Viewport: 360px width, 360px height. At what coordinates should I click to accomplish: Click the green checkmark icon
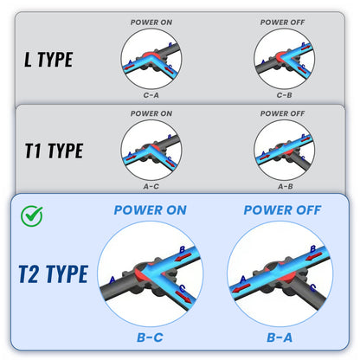pyautogui.click(x=32, y=215)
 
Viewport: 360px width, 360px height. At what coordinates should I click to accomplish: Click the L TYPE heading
pyautogui.click(x=48, y=60)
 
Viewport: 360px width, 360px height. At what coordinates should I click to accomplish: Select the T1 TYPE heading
pyautogui.click(x=54, y=151)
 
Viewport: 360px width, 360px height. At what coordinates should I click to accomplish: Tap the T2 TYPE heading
pyautogui.click(x=54, y=273)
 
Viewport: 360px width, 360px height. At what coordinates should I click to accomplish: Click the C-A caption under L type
pyautogui.click(x=151, y=95)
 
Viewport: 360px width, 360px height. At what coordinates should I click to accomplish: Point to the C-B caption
pyautogui.click(x=284, y=95)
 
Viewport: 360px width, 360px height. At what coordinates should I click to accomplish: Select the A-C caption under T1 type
pyautogui.click(x=151, y=187)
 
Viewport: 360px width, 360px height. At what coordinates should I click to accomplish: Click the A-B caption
pyautogui.click(x=285, y=187)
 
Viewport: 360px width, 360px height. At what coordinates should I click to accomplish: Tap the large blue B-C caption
pyautogui.click(x=150, y=337)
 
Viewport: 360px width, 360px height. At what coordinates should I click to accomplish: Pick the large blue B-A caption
pyautogui.click(x=280, y=337)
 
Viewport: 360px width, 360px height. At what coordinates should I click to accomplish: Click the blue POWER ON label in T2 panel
pyautogui.click(x=151, y=210)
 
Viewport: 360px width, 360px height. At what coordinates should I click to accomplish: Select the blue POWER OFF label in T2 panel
pyautogui.click(x=282, y=210)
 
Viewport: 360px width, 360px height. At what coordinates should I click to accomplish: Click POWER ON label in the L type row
pyautogui.click(x=151, y=22)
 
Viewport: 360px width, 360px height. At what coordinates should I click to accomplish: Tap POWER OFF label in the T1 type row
pyautogui.click(x=282, y=113)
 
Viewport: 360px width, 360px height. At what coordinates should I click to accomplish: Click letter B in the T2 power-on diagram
pyautogui.click(x=183, y=249)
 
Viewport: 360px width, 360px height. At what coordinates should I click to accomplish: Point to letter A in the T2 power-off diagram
pyautogui.click(x=243, y=280)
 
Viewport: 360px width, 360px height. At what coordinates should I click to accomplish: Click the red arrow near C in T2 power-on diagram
pyautogui.click(x=183, y=297)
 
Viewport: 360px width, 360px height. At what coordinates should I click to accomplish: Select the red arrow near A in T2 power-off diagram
pyautogui.click(x=241, y=288)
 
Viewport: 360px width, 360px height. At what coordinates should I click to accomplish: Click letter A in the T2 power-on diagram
pyautogui.click(x=112, y=280)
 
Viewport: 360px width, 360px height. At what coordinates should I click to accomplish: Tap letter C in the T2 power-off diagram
pyautogui.click(x=312, y=287)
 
